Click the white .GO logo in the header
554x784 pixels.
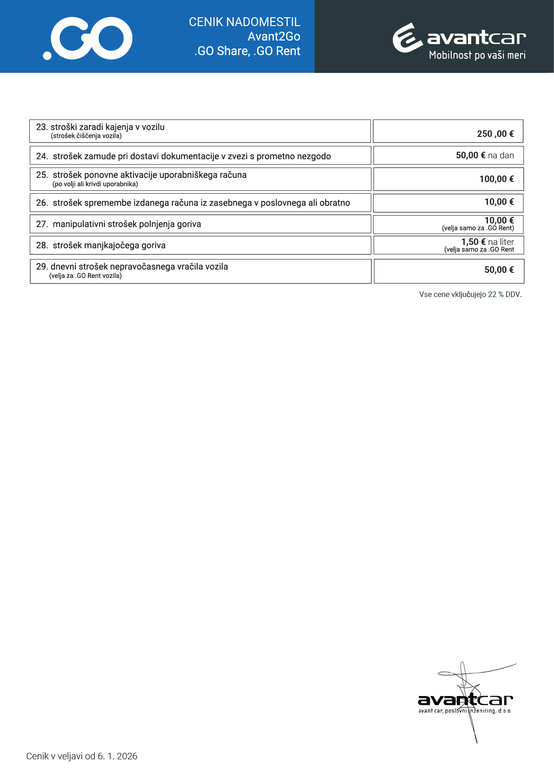pos(88,39)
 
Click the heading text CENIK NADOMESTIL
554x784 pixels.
pos(244,22)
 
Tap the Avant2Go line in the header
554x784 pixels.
pos(274,36)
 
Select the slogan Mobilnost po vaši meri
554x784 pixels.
pos(477,55)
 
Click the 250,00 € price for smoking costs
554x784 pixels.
pos(495,134)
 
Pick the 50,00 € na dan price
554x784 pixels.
pos(485,155)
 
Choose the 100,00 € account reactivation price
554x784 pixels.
pos(496,179)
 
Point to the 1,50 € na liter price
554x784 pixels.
pos(487,242)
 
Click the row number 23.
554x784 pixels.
pos(41,127)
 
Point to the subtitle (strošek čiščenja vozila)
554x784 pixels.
pos(86,136)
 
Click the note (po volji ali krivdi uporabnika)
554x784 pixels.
pos(95,184)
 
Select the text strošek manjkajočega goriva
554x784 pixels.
pos(109,245)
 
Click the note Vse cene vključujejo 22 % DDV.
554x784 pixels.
pos(470,295)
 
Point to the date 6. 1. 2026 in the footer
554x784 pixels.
pos(117,756)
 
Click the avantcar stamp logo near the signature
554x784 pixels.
pos(465,701)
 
